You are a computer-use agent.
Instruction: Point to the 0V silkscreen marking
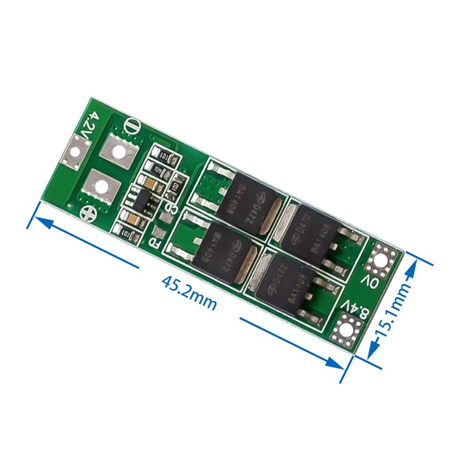[368, 282]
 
